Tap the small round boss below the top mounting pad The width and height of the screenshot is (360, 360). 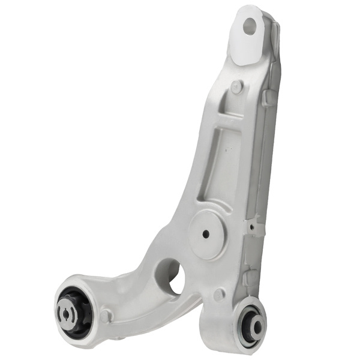(x=236, y=86)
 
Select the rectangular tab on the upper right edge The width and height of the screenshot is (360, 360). (x=269, y=98)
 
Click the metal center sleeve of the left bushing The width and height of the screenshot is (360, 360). (x=67, y=312)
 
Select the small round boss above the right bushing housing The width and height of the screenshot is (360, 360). (x=219, y=295)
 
